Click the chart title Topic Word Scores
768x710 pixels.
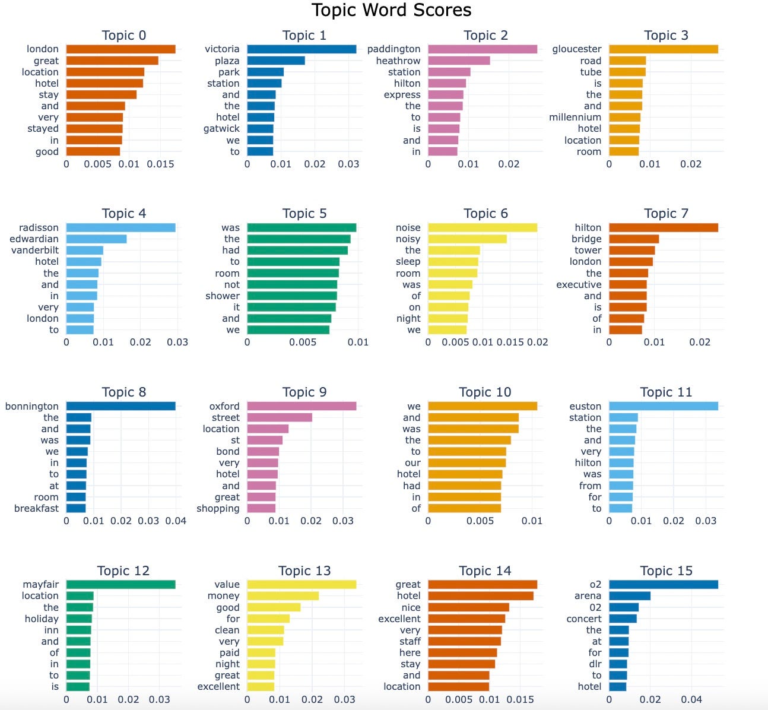[391, 10]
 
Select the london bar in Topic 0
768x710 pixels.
[120, 49]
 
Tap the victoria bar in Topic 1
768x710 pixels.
[302, 49]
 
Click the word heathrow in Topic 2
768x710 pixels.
[398, 61]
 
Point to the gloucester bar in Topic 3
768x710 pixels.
[664, 49]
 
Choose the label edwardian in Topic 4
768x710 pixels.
[34, 239]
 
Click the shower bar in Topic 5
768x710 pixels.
[292, 296]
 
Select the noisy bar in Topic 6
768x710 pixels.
[467, 239]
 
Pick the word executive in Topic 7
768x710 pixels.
[579, 284]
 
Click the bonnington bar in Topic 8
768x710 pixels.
[120, 406]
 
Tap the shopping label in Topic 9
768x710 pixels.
[218, 508]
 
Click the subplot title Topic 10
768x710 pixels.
[485, 392]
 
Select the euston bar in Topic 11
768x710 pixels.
[664, 406]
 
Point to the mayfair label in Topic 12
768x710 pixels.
[41, 585]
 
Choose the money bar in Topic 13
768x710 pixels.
[283, 596]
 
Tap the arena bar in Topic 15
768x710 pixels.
[630, 596]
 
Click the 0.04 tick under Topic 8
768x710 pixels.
[175, 521]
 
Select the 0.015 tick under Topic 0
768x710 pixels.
[161, 164]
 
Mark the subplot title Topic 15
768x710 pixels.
[666, 571]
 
